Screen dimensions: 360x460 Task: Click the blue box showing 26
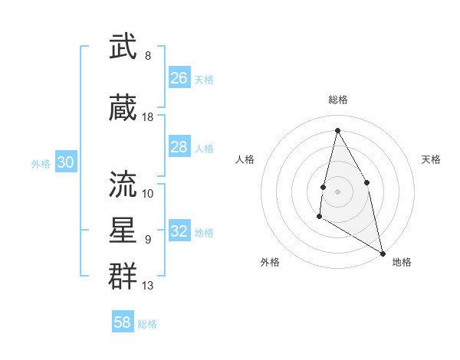point(179,78)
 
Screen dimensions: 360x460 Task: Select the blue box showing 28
point(179,147)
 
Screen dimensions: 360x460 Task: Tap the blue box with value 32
point(179,231)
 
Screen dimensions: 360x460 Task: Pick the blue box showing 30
point(65,162)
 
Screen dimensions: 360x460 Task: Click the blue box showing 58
point(123,322)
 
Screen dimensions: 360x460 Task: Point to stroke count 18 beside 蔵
point(148,117)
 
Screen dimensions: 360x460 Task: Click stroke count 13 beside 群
point(148,286)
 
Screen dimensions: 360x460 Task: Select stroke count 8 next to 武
point(148,56)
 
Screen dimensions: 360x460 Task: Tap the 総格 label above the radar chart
point(337,100)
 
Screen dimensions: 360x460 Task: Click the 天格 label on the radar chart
point(431,159)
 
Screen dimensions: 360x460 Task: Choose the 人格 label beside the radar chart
point(245,159)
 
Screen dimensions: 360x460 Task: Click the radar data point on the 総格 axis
point(337,129)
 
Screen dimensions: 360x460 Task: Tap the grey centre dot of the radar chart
point(337,191)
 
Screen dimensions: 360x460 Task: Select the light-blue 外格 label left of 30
point(41,163)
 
